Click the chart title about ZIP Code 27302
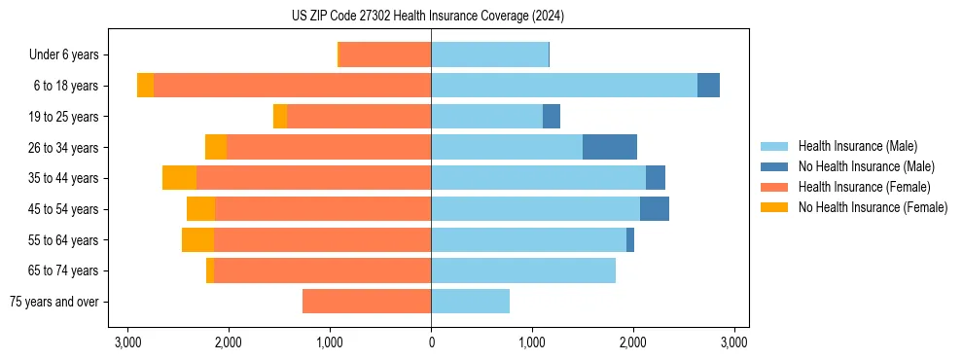coord(428,17)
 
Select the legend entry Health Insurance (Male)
coord(857,146)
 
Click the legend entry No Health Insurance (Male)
coord(866,166)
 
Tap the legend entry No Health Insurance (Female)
coord(873,207)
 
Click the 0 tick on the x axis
coord(431,342)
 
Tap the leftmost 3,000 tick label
coord(127,342)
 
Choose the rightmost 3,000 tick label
coord(734,342)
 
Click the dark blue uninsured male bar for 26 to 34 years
coord(610,147)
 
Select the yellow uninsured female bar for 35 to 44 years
coord(179,178)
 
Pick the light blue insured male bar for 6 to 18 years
coord(564,86)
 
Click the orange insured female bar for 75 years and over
coord(367,302)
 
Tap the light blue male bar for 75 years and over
coord(470,302)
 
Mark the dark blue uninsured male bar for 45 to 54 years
coord(655,209)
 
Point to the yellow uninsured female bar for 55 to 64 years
coord(197,239)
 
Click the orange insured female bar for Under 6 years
coord(384,55)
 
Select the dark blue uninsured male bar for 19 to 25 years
coord(552,117)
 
